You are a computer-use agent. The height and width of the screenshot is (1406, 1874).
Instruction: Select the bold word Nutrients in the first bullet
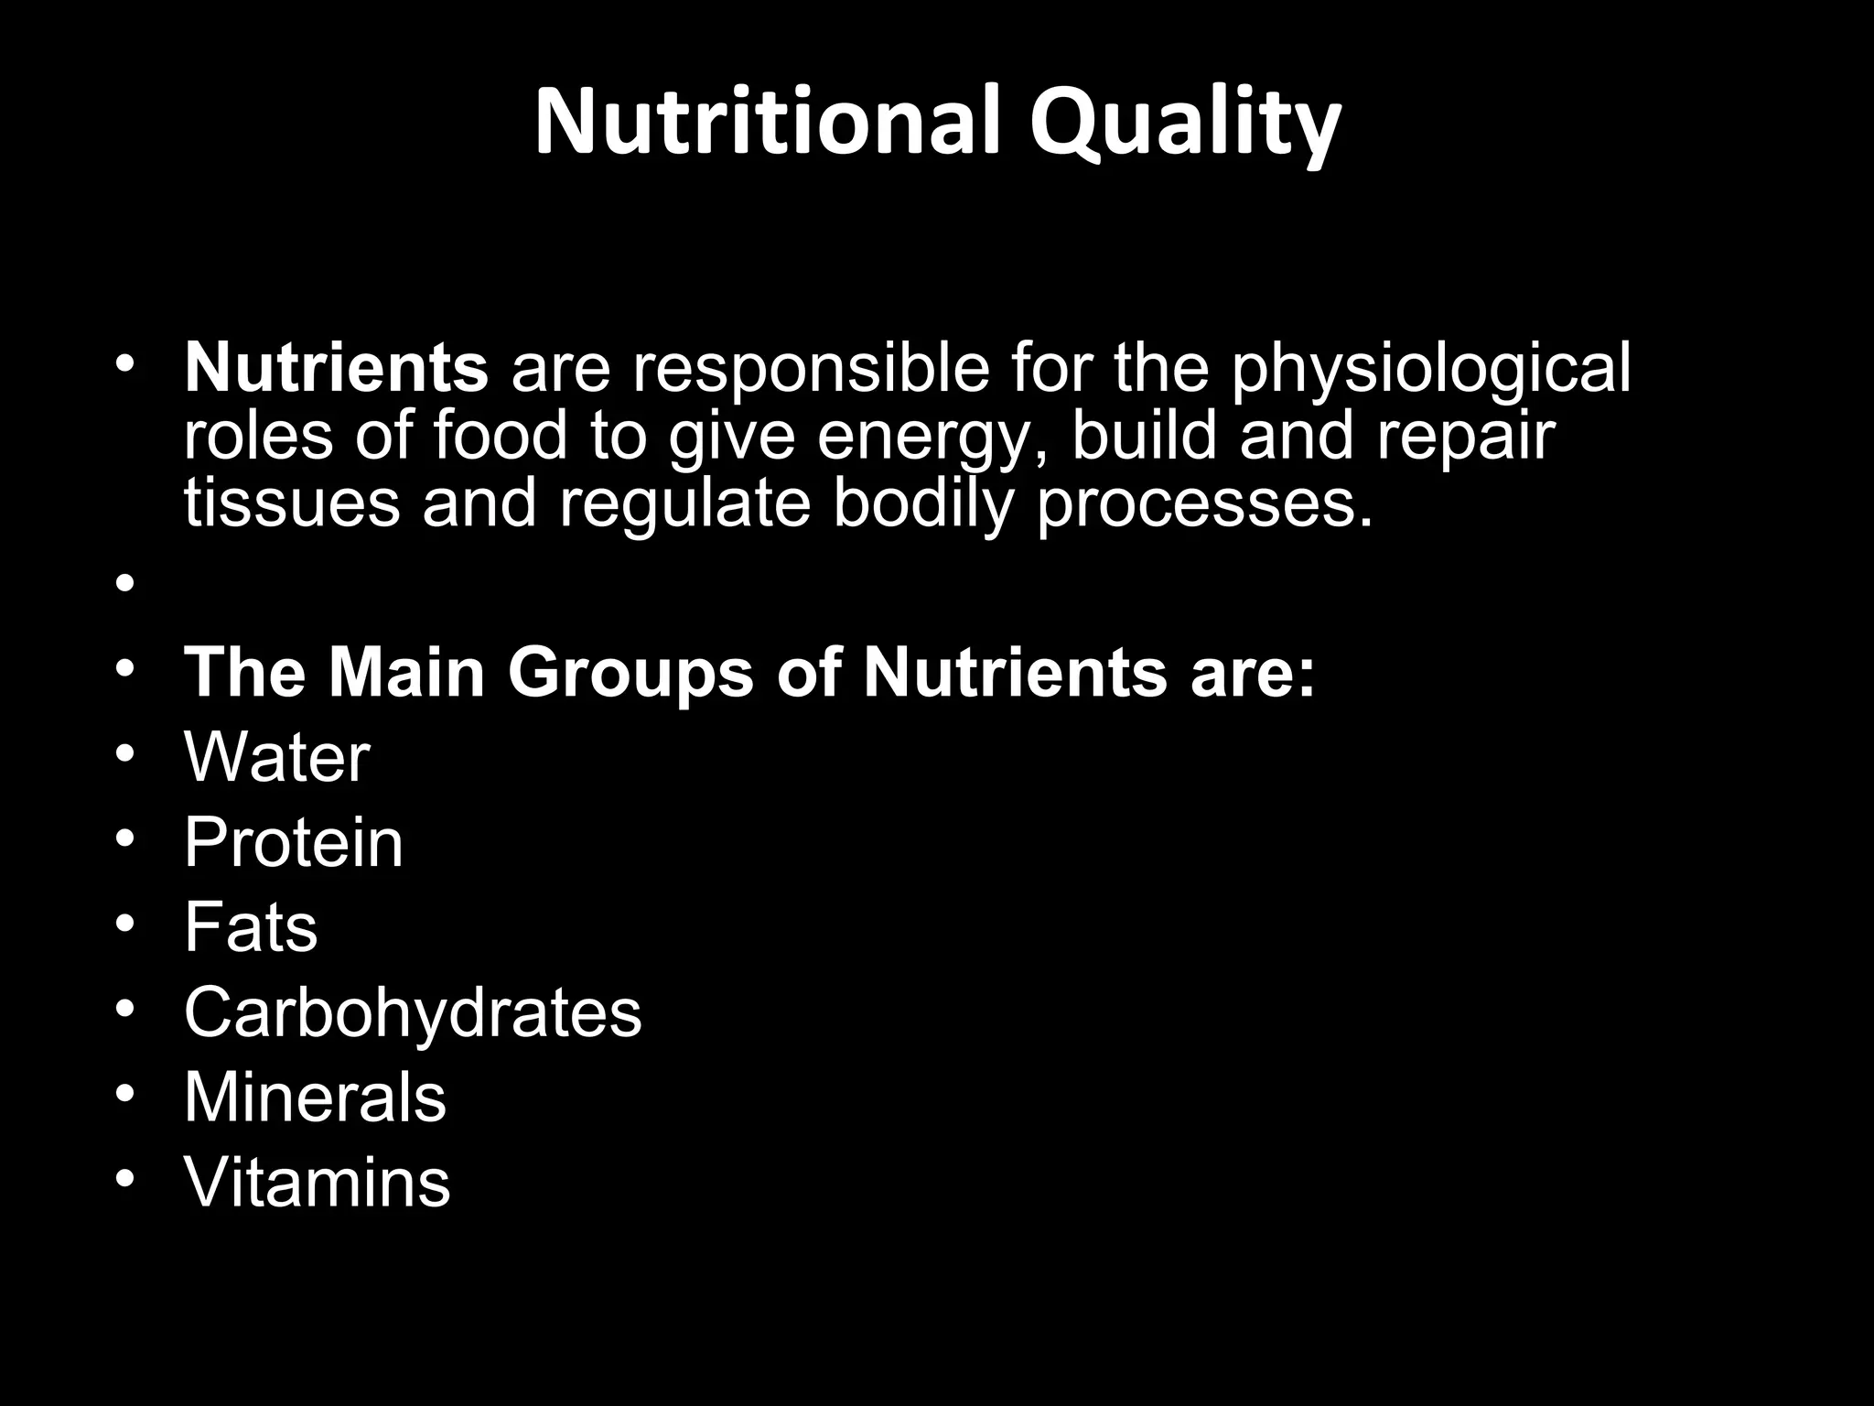click(336, 368)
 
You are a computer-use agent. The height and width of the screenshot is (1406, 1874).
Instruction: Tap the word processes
click(1205, 506)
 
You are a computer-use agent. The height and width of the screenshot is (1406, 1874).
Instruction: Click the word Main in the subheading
click(406, 673)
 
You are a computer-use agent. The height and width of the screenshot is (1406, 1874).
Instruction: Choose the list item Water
click(276, 758)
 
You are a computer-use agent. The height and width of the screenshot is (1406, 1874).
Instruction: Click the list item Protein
click(293, 842)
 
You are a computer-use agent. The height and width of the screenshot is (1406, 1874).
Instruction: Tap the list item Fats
click(251, 927)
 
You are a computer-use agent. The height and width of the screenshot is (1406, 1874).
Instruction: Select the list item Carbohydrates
click(413, 1012)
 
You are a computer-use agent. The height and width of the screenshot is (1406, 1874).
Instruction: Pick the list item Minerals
click(315, 1097)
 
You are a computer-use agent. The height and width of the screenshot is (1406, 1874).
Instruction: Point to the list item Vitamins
click(317, 1182)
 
